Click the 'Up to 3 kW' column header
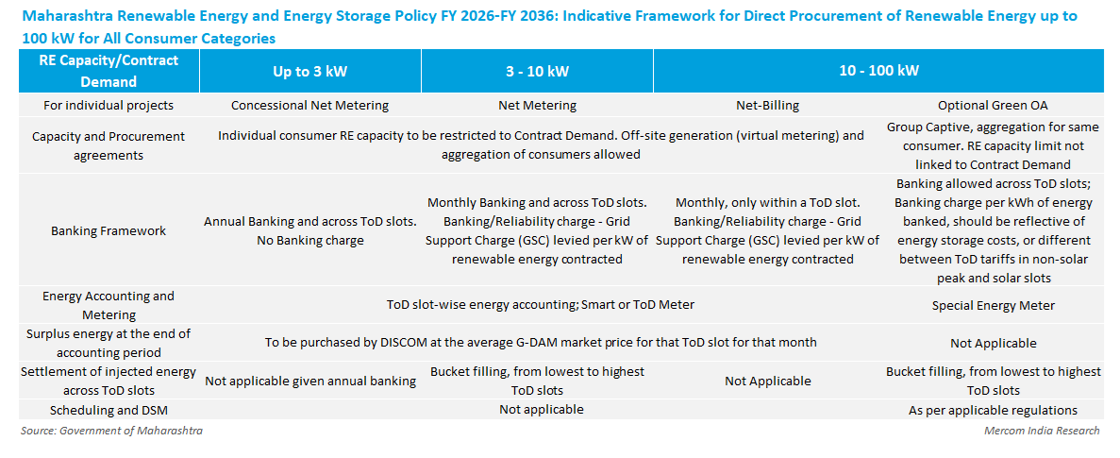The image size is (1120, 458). (309, 71)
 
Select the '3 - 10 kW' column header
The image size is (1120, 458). (537, 71)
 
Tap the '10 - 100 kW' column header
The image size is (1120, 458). (878, 71)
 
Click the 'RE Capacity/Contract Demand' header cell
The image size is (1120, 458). (108, 71)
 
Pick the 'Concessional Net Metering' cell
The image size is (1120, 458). (309, 105)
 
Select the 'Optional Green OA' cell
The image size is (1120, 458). (993, 105)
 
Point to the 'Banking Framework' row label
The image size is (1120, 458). (108, 230)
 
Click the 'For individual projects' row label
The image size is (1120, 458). (108, 105)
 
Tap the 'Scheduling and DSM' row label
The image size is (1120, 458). (108, 410)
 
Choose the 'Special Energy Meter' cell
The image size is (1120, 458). (993, 305)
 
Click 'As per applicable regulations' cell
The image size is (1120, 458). (993, 410)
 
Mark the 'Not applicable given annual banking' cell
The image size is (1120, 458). (310, 381)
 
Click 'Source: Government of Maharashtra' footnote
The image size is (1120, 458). (111, 431)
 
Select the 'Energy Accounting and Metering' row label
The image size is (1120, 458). (108, 305)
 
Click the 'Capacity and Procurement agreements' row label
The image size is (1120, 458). (108, 145)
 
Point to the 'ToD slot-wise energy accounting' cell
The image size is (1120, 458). (541, 304)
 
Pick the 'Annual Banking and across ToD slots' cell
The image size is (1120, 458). (309, 222)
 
